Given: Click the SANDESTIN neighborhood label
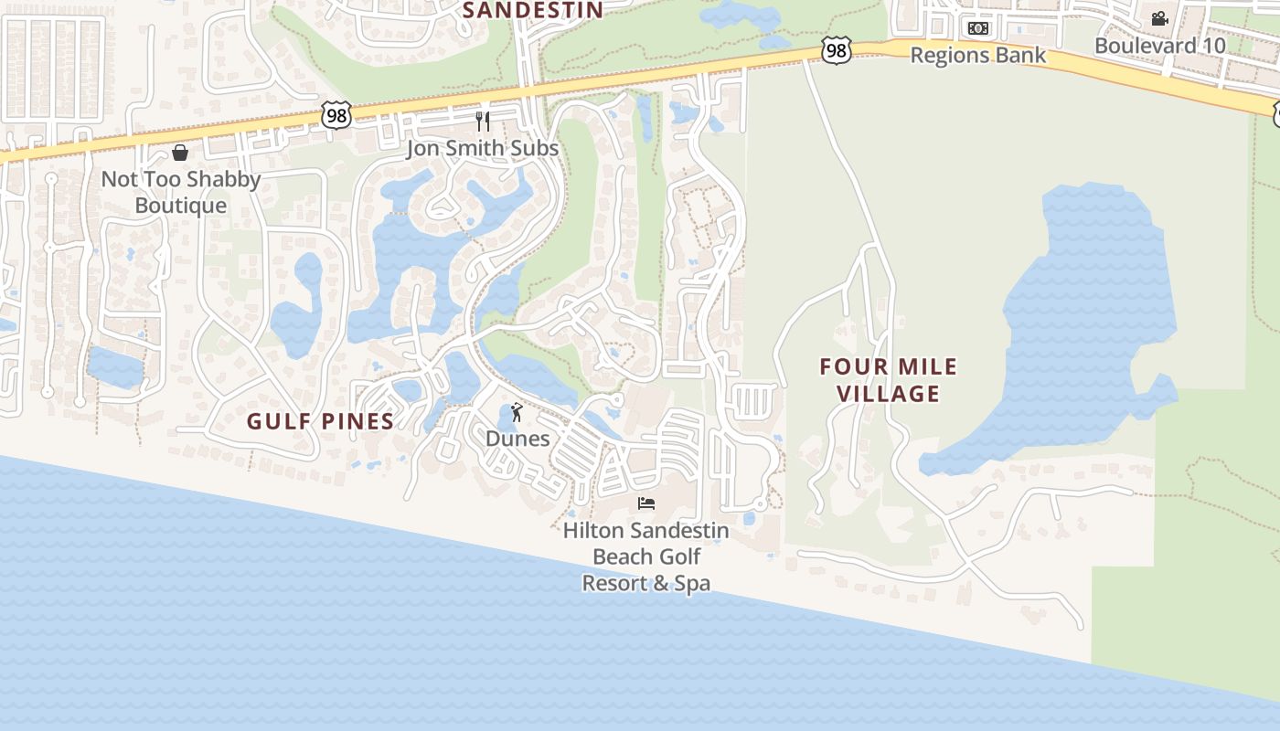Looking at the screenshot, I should [532, 10].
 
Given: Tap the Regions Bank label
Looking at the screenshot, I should [977, 56].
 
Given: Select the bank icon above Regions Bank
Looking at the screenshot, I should [978, 28].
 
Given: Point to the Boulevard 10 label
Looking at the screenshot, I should [1158, 45].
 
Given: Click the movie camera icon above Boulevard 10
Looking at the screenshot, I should [1159, 18].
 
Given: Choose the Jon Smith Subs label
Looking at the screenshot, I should [482, 148].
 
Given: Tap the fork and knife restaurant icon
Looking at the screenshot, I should [483, 121].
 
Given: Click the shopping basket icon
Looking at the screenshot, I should [180, 153].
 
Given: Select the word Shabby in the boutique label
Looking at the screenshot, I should [224, 179].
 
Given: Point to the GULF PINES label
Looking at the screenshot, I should [320, 421].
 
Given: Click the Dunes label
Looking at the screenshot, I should [517, 439].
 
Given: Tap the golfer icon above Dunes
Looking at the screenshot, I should [517, 412].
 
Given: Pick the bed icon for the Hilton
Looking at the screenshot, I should [646, 503].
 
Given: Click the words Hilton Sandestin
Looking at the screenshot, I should [645, 531].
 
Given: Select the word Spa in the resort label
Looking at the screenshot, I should [692, 583].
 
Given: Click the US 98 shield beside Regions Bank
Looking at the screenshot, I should [836, 51].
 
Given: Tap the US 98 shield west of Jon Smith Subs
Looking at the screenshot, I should [336, 115].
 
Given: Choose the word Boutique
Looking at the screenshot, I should [180, 206].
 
